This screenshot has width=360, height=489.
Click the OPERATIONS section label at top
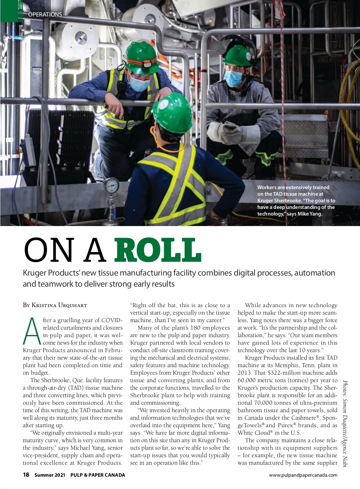(x=45, y=14)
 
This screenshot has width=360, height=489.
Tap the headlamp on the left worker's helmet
(x=146, y=64)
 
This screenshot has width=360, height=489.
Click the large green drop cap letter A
(x=31, y=331)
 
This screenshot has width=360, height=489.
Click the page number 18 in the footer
(x=26, y=475)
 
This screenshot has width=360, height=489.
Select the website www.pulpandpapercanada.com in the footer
(x=303, y=475)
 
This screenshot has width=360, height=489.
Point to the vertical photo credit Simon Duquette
(x=345, y=423)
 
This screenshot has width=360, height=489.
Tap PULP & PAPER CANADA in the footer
(x=97, y=475)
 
